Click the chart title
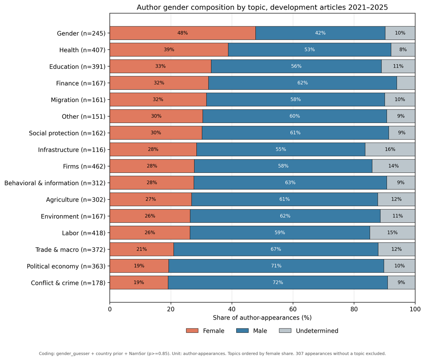click(x=262, y=7)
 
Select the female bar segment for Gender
click(x=183, y=33)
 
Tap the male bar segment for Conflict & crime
click(x=278, y=282)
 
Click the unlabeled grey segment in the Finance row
click(x=406, y=83)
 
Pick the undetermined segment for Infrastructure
click(x=390, y=149)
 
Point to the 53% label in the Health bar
click(x=310, y=50)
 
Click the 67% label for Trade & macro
click(x=276, y=249)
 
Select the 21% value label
click(x=142, y=249)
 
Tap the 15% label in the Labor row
click(x=392, y=232)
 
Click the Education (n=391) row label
click(x=77, y=67)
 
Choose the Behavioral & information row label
click(x=55, y=183)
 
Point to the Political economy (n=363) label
click(x=66, y=266)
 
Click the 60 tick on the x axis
click(x=293, y=309)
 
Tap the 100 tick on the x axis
click(x=415, y=309)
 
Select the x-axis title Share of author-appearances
click(x=262, y=317)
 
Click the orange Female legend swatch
click(x=192, y=331)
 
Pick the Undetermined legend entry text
click(x=317, y=331)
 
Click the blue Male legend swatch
click(x=242, y=331)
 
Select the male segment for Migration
click(x=295, y=100)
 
